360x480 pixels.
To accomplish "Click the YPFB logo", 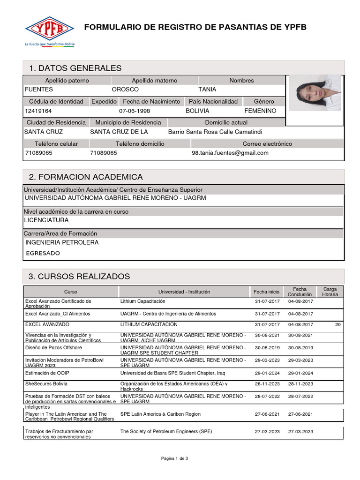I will click(49, 29).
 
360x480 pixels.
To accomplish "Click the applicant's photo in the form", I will click(315, 93).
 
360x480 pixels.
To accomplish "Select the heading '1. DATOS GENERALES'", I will click(75, 68).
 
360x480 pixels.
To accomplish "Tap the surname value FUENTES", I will click(39, 90).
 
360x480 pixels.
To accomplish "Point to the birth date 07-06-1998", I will click(135, 111).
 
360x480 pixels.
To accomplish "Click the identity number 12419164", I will click(38, 111).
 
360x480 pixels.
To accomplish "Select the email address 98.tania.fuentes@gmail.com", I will click(230, 153).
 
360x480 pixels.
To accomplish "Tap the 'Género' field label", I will click(264, 102).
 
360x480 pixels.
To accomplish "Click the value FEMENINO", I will click(261, 111).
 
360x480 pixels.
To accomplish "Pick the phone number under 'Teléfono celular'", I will click(38, 153).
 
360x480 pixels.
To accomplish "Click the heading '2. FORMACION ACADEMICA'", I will click(86, 177).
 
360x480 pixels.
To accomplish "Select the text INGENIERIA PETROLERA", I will click(62, 243).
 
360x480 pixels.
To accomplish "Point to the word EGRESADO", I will click(43, 254).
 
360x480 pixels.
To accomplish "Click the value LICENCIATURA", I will click(46, 220).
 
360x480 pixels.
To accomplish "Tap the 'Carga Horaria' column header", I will click(330, 292).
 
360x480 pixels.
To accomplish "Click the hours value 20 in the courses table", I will click(338, 324).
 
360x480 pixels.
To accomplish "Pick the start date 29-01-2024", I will click(267, 373).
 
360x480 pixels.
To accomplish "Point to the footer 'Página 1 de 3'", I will click(174, 458).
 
